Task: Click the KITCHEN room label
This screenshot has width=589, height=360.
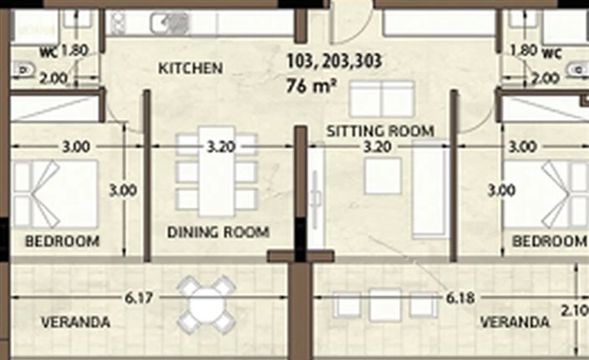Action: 190,68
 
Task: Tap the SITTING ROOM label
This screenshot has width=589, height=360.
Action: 379,130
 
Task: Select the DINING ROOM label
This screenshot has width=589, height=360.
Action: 217,232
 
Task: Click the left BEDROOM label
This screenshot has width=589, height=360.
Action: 62,241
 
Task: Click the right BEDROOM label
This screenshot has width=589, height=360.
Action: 548,241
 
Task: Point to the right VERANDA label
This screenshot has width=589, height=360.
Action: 515,322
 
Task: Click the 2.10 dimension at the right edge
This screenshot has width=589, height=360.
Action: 576,311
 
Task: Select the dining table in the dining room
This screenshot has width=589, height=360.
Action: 216,175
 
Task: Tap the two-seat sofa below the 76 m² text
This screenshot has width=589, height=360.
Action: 381,100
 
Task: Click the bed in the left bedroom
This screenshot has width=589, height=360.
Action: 55,194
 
